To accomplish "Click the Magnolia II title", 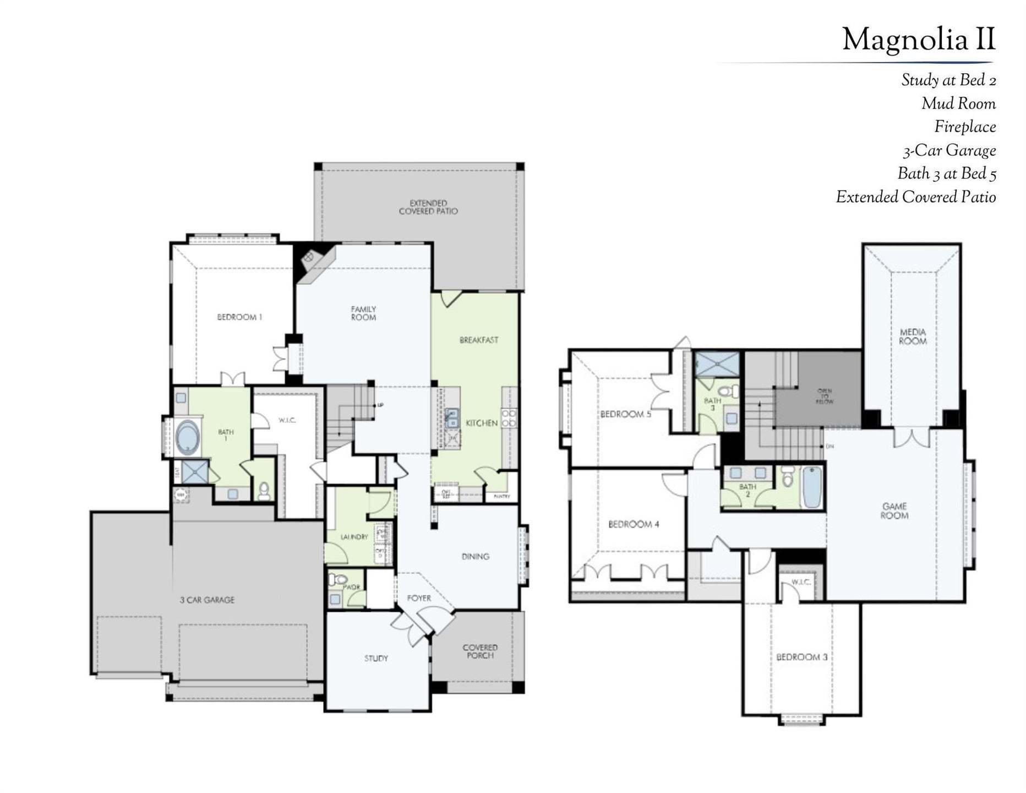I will point(918,40).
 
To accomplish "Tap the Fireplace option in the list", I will point(964,127).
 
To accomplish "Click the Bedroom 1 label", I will point(239,317).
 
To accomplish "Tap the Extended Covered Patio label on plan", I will point(428,207).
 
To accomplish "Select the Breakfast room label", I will point(478,340).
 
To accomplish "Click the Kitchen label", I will point(482,423).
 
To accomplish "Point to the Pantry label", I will point(501,496).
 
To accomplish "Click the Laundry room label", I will point(354,537).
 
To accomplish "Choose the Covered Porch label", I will point(479,651).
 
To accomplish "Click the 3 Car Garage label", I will point(207,600).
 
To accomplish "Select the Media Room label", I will point(912,336).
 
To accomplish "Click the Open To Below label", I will point(824,396).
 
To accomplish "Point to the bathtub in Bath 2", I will point(811,487).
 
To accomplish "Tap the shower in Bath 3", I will point(717,365).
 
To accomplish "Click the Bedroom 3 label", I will point(801,657).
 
